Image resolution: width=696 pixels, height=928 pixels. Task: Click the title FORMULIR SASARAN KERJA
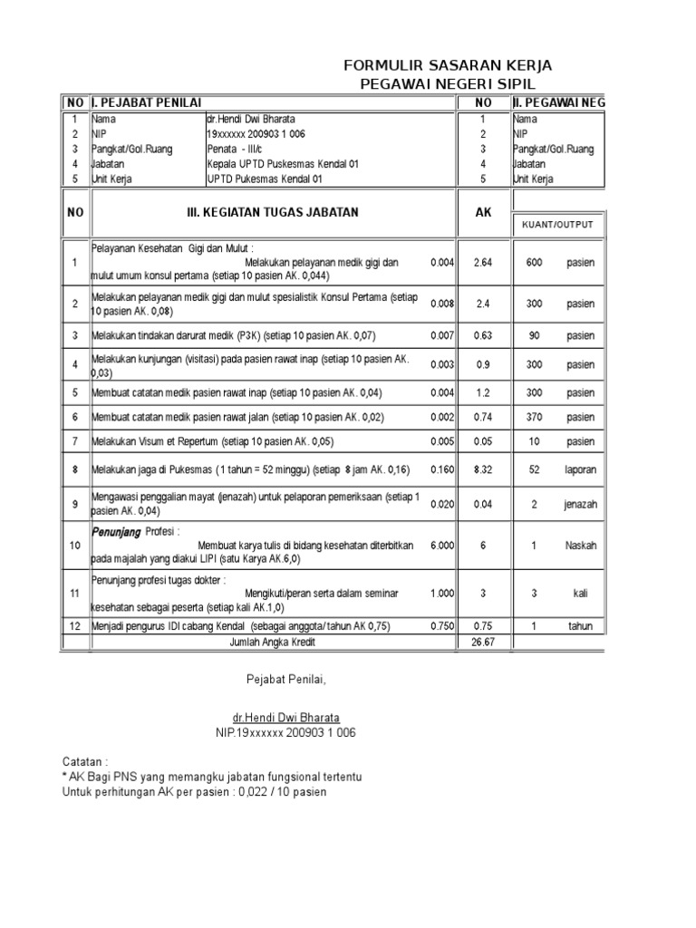[448, 66]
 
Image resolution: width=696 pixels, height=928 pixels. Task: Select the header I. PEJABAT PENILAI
[149, 102]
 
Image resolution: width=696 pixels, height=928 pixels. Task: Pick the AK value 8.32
[483, 469]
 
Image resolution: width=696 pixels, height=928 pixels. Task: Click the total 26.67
[483, 642]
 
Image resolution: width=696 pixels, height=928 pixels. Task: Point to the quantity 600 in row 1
[534, 263]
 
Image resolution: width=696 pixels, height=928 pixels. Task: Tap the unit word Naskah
[581, 546]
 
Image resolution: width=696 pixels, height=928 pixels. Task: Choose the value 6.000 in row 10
[441, 546]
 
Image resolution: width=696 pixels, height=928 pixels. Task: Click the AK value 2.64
[483, 263]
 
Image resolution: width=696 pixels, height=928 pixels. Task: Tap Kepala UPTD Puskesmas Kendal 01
[283, 164]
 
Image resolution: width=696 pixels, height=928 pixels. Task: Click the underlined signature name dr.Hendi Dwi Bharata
[285, 716]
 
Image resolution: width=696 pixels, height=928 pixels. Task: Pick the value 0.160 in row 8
[441, 469]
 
